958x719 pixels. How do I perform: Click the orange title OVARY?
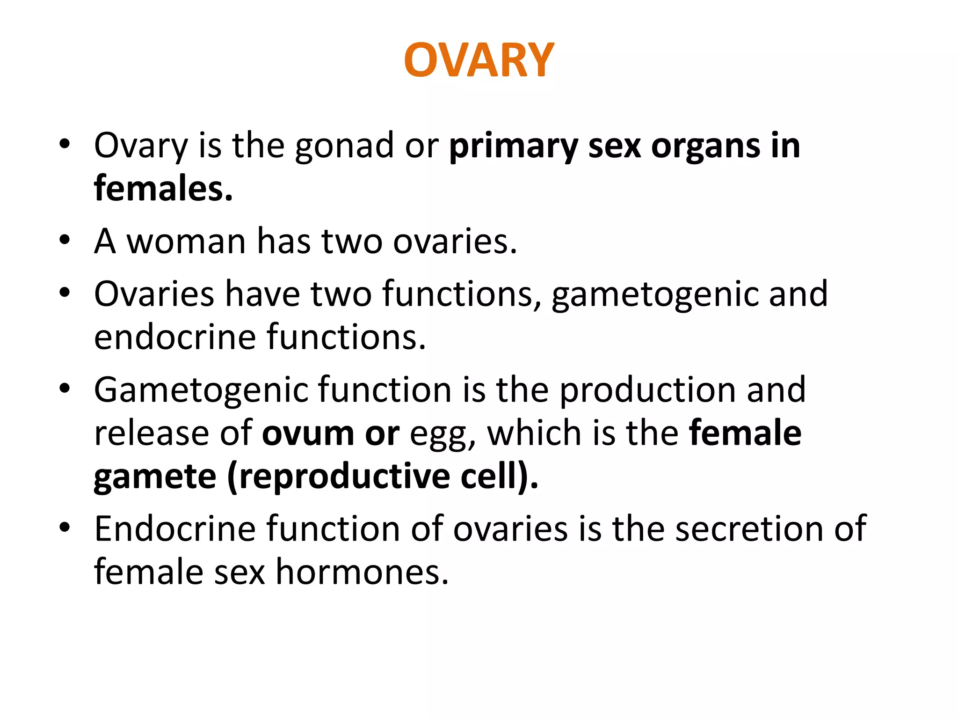pyautogui.click(x=479, y=60)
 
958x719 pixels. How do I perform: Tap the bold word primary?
pyautogui.click(x=513, y=147)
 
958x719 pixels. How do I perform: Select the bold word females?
pyautogui.click(x=163, y=189)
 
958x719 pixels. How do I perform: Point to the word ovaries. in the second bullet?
pyautogui.click(x=455, y=242)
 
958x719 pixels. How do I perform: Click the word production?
pyautogui.click(x=647, y=390)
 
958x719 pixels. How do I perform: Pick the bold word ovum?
pyautogui.click(x=308, y=433)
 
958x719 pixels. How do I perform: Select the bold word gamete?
pyautogui.click(x=155, y=477)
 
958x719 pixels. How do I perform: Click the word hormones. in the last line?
pyautogui.click(x=362, y=572)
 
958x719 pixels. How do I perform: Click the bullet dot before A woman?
pyautogui.click(x=65, y=241)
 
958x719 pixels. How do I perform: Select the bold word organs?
pyautogui.click(x=706, y=147)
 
